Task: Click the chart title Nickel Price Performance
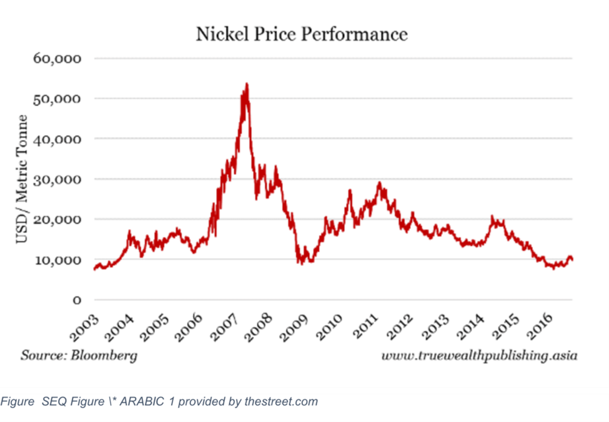302,34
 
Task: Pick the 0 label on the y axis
77,300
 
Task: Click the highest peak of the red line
247,84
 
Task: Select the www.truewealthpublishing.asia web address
479,356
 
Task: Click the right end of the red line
572,260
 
